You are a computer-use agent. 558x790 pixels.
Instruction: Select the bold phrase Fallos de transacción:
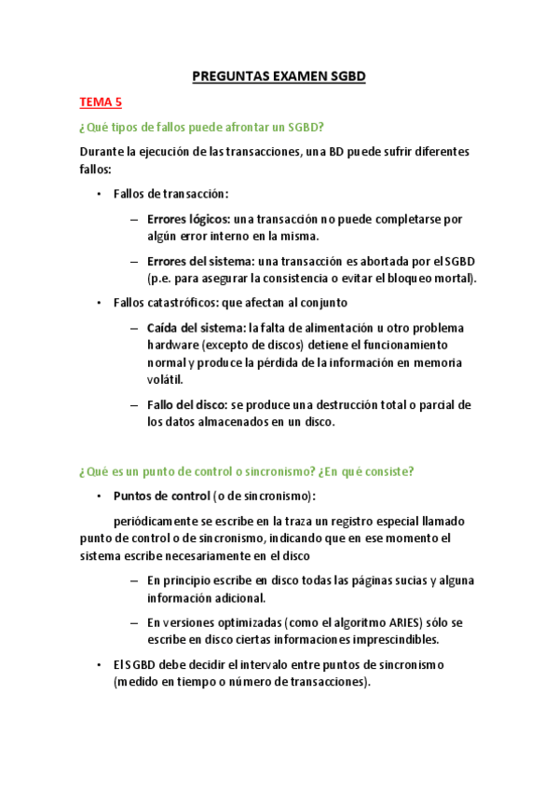click(170, 194)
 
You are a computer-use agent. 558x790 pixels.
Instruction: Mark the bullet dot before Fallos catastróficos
click(99, 303)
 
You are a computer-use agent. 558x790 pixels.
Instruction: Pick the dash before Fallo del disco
click(135, 404)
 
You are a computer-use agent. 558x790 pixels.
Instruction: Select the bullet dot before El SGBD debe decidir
click(99, 664)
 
